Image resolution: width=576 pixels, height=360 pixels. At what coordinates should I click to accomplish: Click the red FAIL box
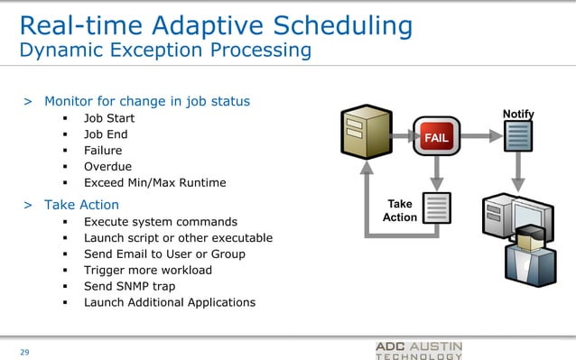point(437,136)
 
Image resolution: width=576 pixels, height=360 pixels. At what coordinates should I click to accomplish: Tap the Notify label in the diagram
point(518,114)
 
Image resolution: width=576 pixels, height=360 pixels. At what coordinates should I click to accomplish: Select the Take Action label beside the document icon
point(400,210)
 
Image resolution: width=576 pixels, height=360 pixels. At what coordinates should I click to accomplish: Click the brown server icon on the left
point(366,134)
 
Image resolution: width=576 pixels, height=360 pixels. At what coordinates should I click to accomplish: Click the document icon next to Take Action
point(437,210)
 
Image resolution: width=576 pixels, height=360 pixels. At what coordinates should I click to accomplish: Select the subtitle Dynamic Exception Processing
point(165,50)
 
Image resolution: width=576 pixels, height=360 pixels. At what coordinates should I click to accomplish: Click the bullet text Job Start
point(111,117)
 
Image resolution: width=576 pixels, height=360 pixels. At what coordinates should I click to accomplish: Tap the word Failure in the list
point(103,150)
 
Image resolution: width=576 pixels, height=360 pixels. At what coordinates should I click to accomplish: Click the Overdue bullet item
point(107,166)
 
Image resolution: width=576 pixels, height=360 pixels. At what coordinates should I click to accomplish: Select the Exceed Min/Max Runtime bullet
point(155,182)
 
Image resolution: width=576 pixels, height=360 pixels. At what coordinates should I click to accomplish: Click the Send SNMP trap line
point(130,286)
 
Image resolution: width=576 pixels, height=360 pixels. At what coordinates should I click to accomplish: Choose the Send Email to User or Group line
point(164,254)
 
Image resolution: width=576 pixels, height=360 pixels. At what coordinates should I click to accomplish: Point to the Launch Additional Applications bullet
point(170,302)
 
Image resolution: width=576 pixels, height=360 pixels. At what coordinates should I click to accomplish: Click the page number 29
point(25,351)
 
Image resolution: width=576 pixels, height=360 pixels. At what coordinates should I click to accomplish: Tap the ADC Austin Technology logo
point(419,350)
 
